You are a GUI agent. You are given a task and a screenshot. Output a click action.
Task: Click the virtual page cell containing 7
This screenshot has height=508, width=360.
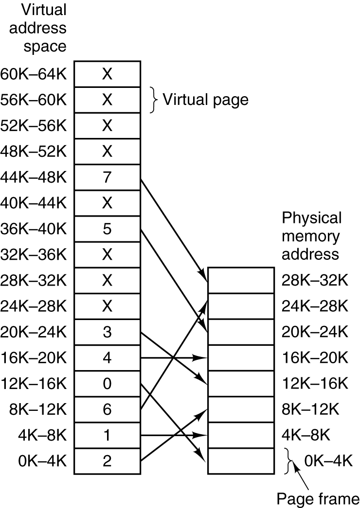click(x=107, y=177)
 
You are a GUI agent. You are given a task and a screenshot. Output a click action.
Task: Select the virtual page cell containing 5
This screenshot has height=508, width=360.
click(x=107, y=229)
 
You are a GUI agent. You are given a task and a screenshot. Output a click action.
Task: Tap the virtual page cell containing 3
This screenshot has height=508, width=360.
click(x=107, y=332)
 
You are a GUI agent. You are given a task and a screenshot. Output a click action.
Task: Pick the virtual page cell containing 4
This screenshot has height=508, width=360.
click(x=107, y=358)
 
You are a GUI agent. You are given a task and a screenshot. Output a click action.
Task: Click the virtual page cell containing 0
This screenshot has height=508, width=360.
click(x=107, y=384)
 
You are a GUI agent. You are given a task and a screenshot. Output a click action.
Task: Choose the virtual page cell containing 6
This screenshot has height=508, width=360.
click(x=107, y=409)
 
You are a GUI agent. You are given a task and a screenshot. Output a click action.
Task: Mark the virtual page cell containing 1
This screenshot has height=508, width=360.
click(x=107, y=435)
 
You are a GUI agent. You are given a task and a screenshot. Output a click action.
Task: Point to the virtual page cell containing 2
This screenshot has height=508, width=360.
click(x=107, y=461)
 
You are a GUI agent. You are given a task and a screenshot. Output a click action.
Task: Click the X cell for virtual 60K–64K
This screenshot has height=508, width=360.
click(x=107, y=74)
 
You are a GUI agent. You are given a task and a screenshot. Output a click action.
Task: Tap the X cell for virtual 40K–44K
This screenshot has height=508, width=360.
click(x=107, y=203)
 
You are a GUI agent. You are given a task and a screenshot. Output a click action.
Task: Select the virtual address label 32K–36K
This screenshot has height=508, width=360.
click(x=35, y=254)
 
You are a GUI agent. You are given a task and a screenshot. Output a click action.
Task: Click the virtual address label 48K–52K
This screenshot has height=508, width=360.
click(x=35, y=152)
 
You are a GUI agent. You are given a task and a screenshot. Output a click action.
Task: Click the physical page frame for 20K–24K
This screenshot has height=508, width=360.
click(x=240, y=332)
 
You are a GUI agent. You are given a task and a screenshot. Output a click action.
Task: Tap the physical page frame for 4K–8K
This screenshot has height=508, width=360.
click(x=240, y=435)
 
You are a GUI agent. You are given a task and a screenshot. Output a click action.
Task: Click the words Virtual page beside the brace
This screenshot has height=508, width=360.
click(x=205, y=100)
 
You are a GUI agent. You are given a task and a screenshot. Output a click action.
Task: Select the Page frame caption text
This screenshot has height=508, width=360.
click(x=318, y=498)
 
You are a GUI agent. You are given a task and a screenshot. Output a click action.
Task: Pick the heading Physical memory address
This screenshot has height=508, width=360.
click(x=312, y=236)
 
